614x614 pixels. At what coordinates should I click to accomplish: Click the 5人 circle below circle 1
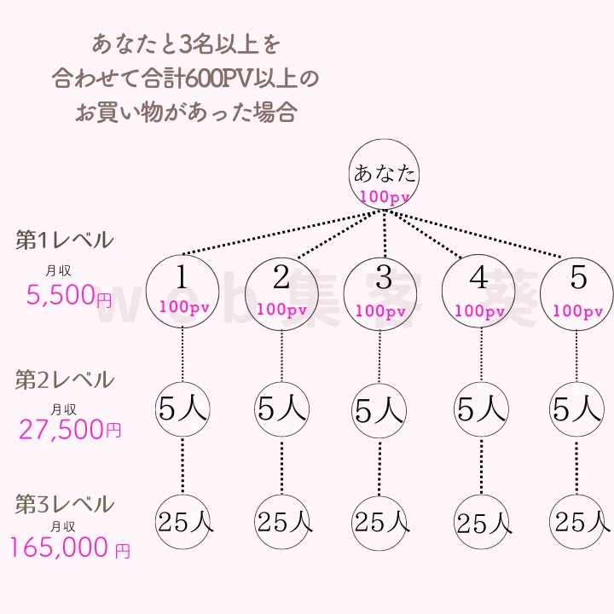click(182, 410)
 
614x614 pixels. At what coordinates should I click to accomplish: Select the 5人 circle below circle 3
click(379, 411)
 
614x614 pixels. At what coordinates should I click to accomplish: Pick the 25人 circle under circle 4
click(481, 521)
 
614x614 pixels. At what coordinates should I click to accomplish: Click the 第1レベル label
click(64, 240)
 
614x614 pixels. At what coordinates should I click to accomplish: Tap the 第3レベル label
click(64, 504)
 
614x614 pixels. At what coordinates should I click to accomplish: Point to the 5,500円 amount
click(68, 297)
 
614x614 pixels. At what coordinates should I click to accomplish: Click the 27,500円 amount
click(70, 429)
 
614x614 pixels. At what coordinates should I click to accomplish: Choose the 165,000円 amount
click(70, 547)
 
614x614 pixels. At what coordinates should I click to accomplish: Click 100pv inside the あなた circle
click(385, 197)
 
